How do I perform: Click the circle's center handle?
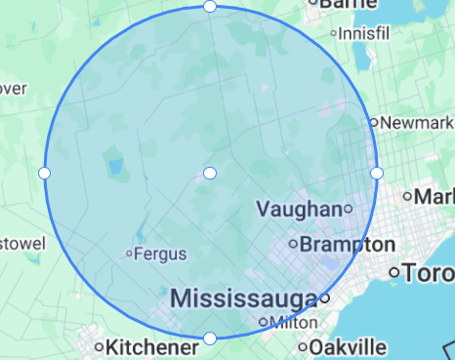click(x=210, y=173)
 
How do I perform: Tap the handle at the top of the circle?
click(x=210, y=7)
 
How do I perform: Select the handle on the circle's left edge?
click(x=44, y=173)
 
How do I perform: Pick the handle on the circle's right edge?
click(x=377, y=173)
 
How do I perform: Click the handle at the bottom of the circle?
click(x=210, y=339)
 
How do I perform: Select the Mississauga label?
click(x=243, y=298)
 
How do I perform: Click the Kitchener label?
click(x=147, y=346)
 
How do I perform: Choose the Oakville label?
click(x=348, y=346)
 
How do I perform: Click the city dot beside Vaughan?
click(x=348, y=209)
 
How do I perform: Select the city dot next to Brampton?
click(x=293, y=243)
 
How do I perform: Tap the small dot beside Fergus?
click(x=129, y=255)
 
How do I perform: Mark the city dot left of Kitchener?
click(x=99, y=346)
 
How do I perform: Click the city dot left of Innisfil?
click(x=334, y=33)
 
